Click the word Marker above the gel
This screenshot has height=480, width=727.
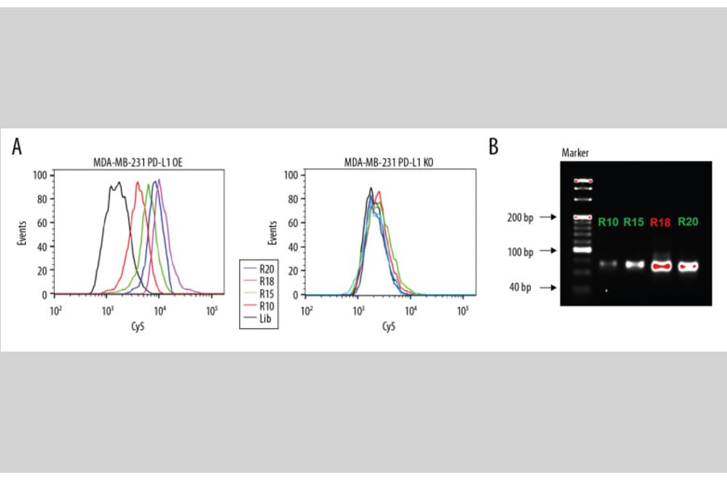click(575, 153)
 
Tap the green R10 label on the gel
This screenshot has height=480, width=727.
click(609, 221)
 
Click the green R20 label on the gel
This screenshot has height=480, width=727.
click(689, 221)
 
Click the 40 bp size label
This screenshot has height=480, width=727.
click(519, 287)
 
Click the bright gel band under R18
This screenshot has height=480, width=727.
click(662, 265)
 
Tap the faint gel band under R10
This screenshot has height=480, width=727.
click(609, 264)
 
